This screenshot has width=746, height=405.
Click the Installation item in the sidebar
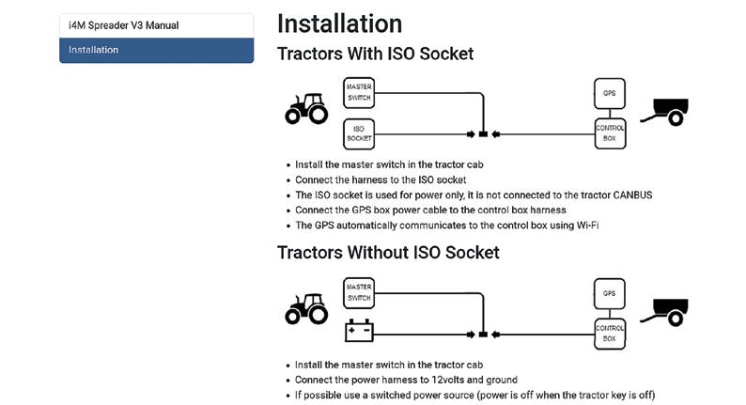coord(94,50)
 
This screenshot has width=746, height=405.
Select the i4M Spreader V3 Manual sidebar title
coord(123,25)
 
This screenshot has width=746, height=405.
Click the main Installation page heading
coord(339,23)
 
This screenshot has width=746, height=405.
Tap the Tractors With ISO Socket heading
coord(375,54)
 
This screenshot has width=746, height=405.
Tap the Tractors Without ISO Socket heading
coord(388,252)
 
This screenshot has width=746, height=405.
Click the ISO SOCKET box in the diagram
coord(359,132)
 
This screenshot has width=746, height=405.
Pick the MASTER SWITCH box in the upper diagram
coord(359,92)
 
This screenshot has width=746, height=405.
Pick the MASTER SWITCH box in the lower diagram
coord(359,292)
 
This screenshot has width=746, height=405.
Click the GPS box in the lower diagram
coord(609,294)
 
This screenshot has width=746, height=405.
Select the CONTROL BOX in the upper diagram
coord(609,133)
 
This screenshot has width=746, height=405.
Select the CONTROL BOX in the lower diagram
coord(609,334)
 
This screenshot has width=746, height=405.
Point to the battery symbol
coord(360,332)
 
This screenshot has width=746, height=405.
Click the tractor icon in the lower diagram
coord(306,311)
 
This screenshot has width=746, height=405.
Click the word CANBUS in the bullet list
coord(629,195)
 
